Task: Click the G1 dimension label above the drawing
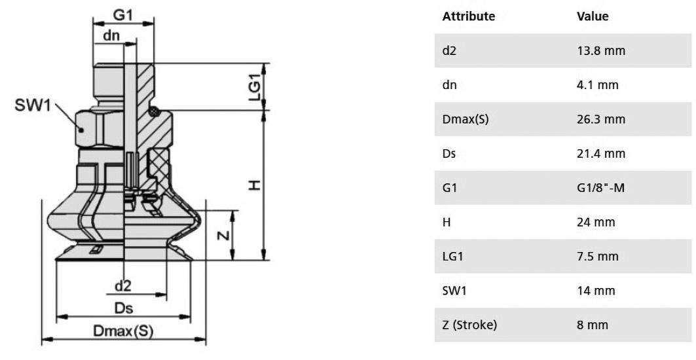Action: pos(123,14)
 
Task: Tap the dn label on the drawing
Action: pos(111,35)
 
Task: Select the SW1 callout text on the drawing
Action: pos(33,105)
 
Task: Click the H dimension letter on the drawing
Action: pos(254,185)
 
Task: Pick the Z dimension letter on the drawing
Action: pos(225,234)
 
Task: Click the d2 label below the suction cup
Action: pos(123,286)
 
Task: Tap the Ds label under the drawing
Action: pos(123,308)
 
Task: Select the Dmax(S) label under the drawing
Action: pos(123,331)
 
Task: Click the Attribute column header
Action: pos(468,16)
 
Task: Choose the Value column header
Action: pos(593,16)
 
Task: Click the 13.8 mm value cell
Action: pos(601,50)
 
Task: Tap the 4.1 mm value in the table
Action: pos(597,85)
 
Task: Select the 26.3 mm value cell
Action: pos(601,119)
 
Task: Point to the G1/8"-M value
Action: pos(600,188)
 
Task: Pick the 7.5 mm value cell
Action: pos(597,256)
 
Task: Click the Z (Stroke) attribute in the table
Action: pos(469,325)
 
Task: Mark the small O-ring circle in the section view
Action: pos(154,111)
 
